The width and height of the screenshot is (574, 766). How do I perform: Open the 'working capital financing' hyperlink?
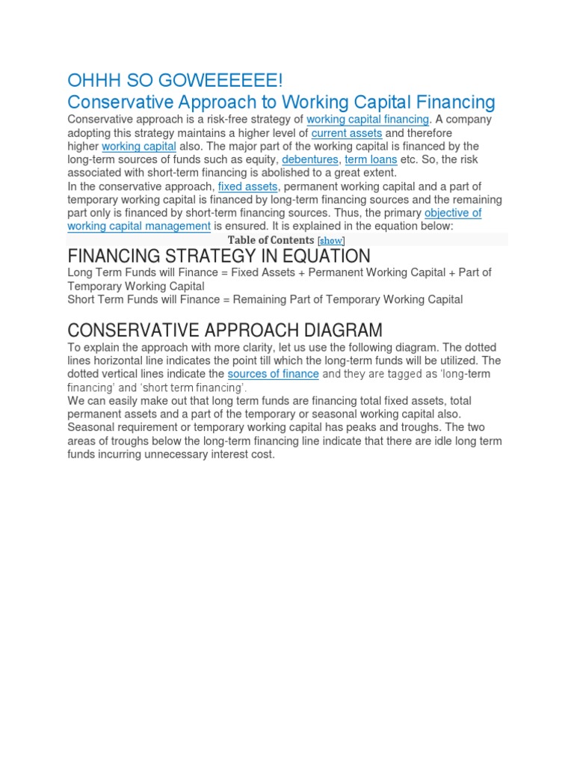coord(368,120)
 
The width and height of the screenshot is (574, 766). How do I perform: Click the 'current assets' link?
coord(347,133)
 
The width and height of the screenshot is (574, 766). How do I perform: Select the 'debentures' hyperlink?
coord(310,159)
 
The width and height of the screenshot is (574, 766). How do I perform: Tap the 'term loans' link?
coord(371,159)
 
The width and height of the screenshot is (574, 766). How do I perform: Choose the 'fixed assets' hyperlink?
coord(247,186)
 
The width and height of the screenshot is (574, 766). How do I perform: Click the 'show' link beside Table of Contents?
coord(331,240)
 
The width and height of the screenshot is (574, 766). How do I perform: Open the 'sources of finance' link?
coord(273,373)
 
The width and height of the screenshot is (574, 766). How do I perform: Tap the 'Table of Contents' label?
coord(271,240)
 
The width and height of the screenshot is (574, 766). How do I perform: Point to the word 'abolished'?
coord(256,173)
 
